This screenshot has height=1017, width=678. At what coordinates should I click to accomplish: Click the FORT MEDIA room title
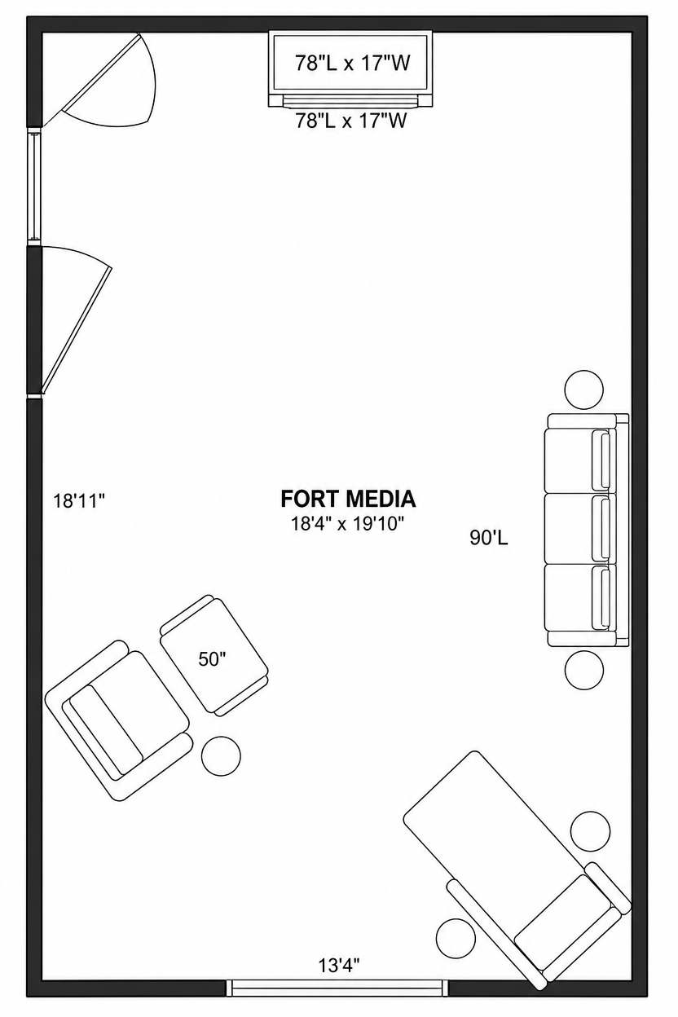click(348, 499)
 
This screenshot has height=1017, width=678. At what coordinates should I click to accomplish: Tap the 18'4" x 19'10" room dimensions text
click(347, 524)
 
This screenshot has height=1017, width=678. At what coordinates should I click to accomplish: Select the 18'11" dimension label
click(80, 501)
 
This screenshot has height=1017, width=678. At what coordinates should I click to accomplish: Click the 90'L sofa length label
click(489, 538)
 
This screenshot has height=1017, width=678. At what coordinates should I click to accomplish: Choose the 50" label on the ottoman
click(212, 658)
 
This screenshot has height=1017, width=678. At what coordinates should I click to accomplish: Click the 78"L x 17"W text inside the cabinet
click(353, 63)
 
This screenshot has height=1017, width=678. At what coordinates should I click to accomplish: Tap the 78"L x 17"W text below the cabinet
click(351, 121)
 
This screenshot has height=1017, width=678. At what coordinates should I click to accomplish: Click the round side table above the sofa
click(584, 390)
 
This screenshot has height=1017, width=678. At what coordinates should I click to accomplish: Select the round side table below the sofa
click(584, 670)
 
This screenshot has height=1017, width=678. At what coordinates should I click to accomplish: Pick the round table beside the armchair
click(221, 756)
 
